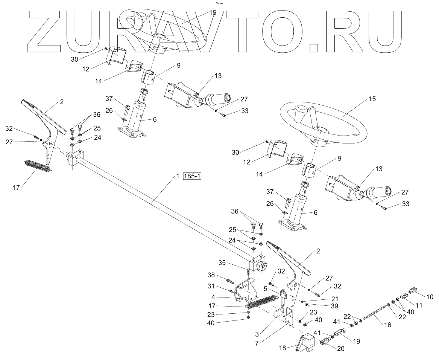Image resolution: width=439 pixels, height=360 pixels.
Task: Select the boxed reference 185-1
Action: pos(192,177)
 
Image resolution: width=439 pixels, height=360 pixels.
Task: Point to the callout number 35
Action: pos(222,263)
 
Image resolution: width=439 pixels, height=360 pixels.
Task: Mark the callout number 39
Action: pos(334,306)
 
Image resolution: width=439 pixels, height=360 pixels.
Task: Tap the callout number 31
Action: pos(211,286)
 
